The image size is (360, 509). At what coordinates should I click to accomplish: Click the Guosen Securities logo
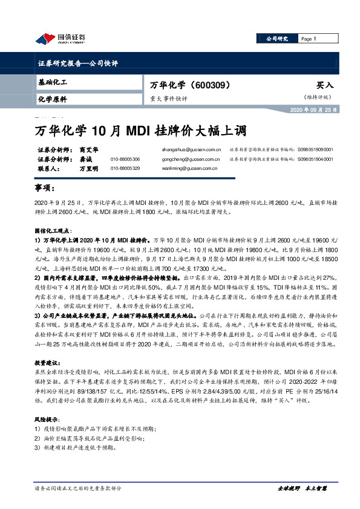[60, 37]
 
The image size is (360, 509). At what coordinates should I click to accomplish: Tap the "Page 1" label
[309, 39]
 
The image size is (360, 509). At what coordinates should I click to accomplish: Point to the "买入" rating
[325, 85]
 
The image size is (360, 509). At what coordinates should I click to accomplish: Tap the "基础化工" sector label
[53, 82]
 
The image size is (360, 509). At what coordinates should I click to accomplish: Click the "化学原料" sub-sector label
[53, 99]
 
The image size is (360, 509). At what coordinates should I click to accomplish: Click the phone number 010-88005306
[125, 159]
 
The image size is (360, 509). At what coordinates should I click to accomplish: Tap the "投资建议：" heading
[48, 361]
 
